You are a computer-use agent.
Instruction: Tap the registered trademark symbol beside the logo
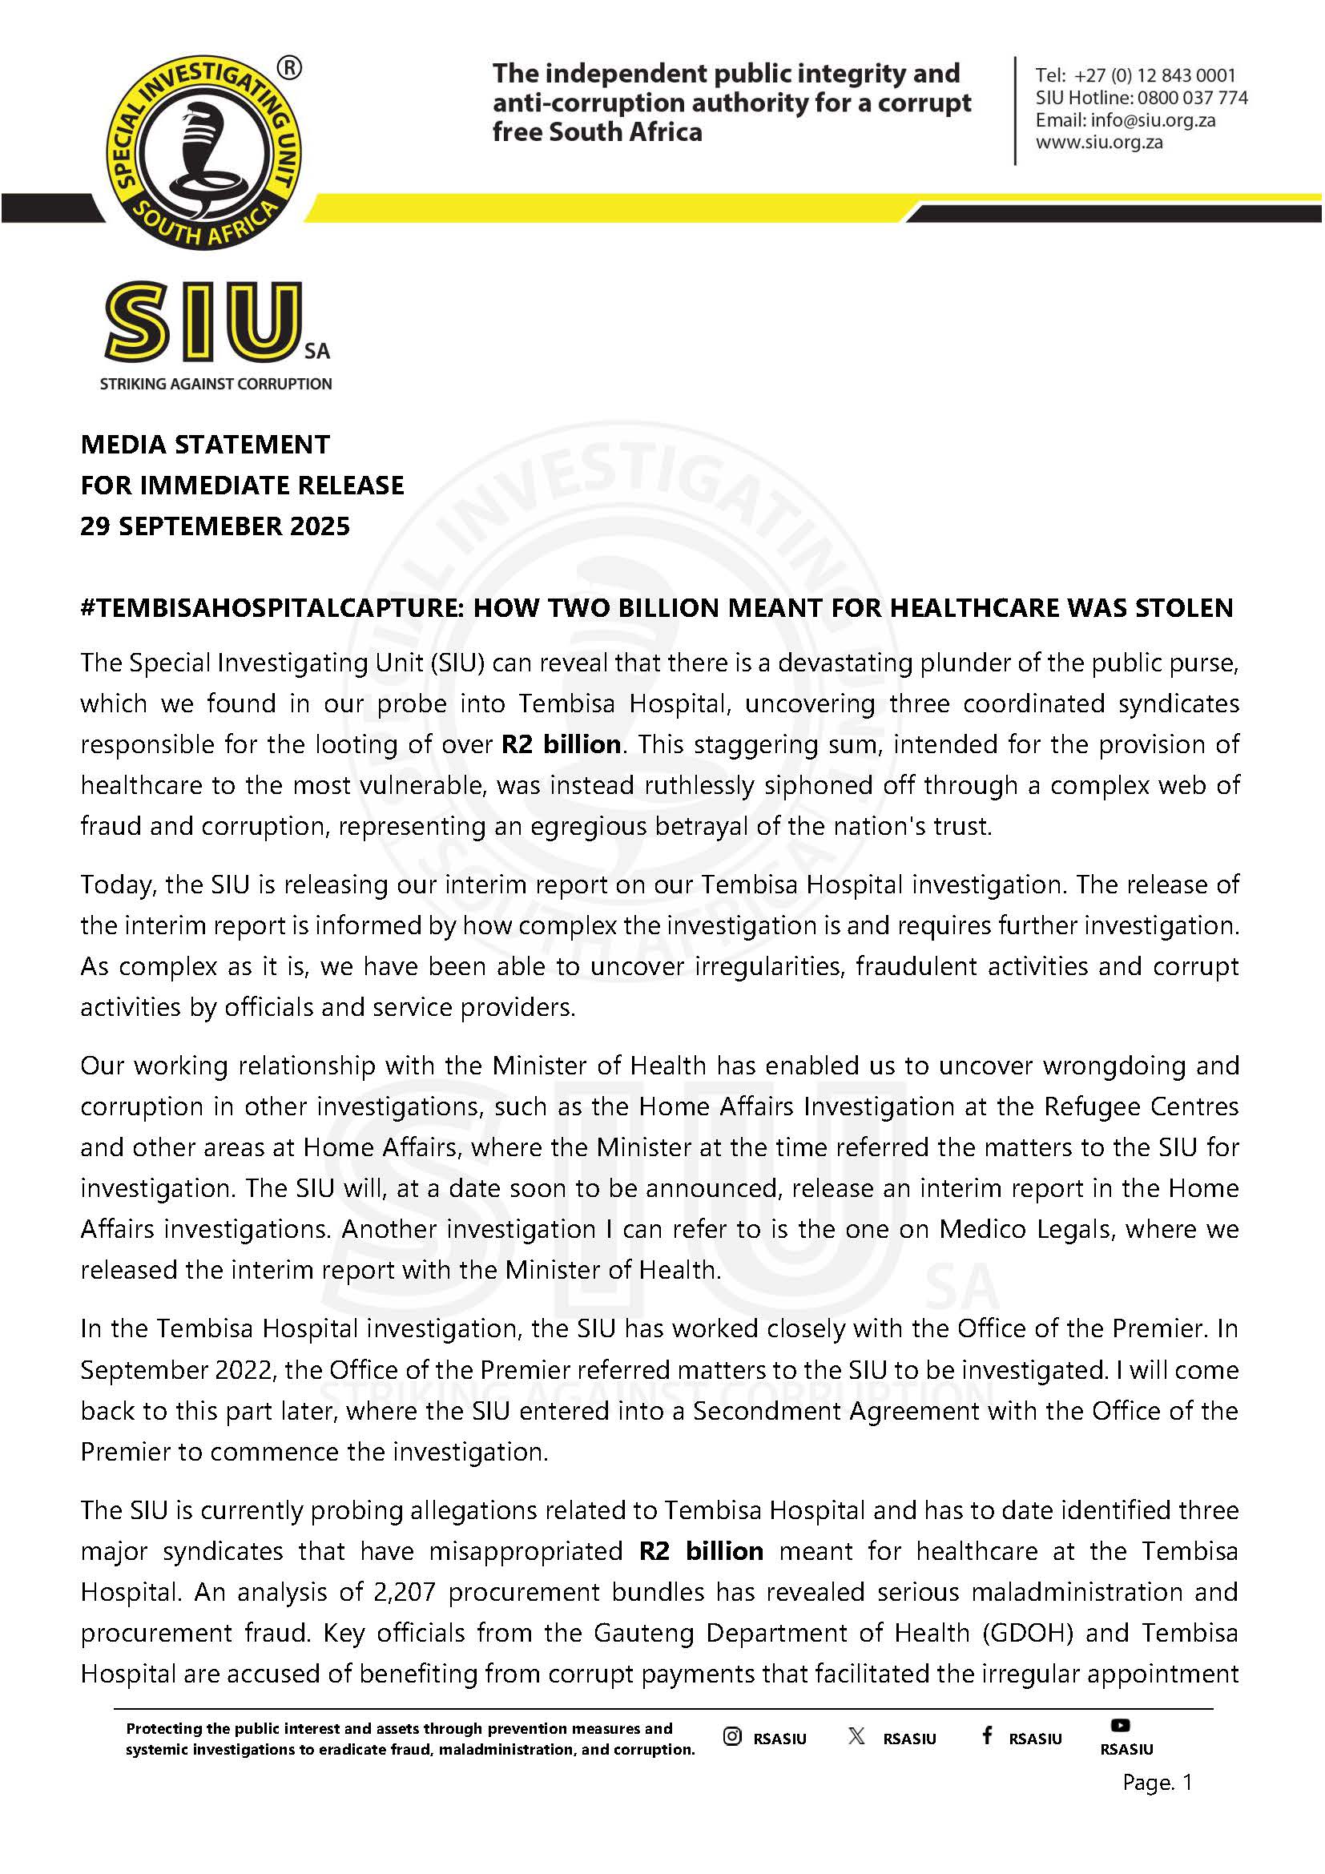click(x=289, y=70)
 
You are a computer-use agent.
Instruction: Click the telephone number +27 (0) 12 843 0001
click(x=1154, y=76)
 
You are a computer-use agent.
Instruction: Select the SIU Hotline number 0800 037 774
click(x=1192, y=98)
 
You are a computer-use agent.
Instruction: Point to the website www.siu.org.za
click(x=1099, y=142)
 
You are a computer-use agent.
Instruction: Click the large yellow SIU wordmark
click(x=202, y=322)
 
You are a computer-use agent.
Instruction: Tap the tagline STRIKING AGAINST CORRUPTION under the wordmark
click(x=215, y=384)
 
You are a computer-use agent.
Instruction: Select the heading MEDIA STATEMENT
click(x=205, y=445)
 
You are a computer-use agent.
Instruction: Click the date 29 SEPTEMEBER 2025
click(x=215, y=526)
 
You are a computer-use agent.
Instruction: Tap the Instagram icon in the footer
click(x=732, y=1736)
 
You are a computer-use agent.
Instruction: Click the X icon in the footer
click(x=856, y=1736)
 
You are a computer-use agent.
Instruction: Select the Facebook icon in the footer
click(x=986, y=1735)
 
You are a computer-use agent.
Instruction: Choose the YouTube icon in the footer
click(x=1119, y=1725)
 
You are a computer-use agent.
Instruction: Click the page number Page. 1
click(x=1157, y=1783)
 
